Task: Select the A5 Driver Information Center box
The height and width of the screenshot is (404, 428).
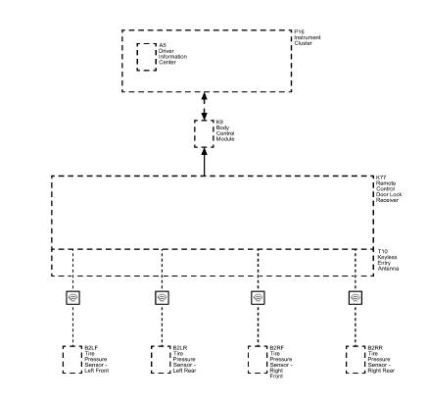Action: pos(144,56)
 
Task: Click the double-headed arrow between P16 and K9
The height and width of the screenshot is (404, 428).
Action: pos(204,102)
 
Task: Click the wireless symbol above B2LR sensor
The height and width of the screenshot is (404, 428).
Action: pos(162,297)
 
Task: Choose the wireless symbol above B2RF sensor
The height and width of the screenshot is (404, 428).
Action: pos(258,297)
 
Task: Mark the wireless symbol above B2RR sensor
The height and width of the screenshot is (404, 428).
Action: pos(354,297)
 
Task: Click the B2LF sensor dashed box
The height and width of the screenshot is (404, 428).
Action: pos(72,360)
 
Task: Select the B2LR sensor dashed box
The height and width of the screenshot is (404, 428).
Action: pos(162,360)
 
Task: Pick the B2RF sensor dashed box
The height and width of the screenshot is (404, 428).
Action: pos(258,360)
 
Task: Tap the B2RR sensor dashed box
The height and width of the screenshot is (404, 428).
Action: pos(354,360)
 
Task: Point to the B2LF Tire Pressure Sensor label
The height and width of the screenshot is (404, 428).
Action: pos(98,360)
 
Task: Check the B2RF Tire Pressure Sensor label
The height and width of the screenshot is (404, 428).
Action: pos(284,363)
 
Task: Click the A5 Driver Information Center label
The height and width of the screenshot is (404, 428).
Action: pos(172,56)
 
